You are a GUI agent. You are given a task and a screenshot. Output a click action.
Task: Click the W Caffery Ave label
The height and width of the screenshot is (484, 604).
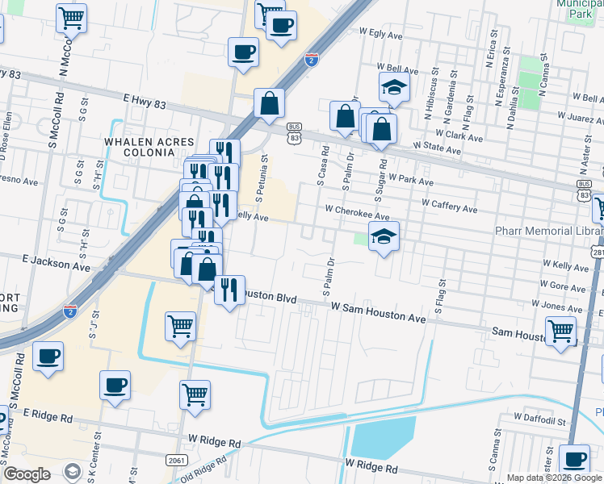coord(449,207)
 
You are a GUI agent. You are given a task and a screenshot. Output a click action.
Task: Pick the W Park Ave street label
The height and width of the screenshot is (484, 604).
coord(412,178)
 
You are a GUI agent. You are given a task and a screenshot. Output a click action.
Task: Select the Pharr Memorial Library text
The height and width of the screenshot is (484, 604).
coord(549,232)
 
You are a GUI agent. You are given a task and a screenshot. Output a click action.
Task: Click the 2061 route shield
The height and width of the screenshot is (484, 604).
coord(178,459)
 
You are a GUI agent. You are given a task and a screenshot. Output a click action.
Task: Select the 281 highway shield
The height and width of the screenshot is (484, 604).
coord(598,253)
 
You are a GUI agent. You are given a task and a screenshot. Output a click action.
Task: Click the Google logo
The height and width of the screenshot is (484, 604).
coord(27,474)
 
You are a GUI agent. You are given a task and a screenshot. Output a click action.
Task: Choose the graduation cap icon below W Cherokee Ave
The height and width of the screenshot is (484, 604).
coord(384,236)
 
